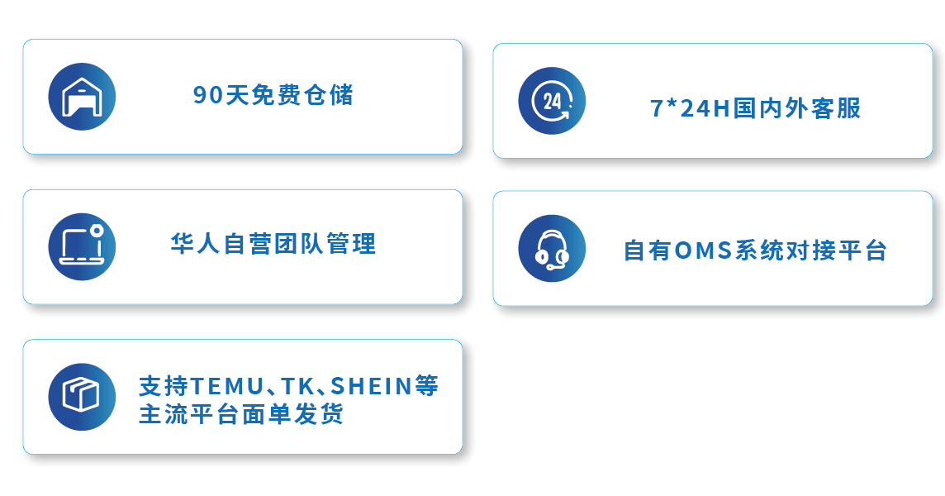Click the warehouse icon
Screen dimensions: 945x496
click(82, 97)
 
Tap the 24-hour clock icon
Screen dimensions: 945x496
click(552, 101)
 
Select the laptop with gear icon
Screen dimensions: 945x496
click(82, 247)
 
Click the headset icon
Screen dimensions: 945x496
click(552, 249)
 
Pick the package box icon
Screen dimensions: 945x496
click(82, 397)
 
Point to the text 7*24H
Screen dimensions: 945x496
click(690, 108)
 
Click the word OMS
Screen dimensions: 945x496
click(703, 250)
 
